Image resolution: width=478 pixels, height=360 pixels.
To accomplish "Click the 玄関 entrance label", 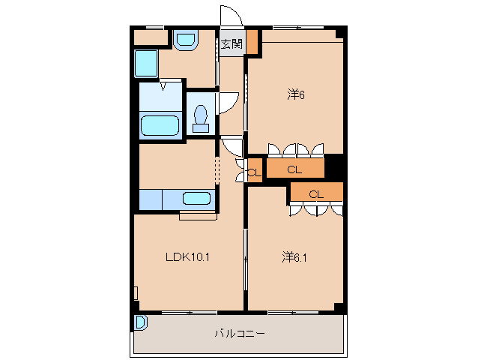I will click(232, 44).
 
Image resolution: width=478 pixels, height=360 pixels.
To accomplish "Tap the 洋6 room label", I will click(296, 94).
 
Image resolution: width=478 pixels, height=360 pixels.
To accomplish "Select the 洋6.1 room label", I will click(294, 257).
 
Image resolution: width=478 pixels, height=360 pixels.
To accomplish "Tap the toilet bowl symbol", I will click(200, 118).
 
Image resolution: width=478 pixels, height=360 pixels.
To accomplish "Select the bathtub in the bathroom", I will click(160, 125).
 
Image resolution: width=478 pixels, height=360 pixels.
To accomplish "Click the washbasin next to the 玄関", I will click(184, 40).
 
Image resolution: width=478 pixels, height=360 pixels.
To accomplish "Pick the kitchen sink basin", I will click(197, 199).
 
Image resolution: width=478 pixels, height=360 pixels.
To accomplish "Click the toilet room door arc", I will click(228, 103).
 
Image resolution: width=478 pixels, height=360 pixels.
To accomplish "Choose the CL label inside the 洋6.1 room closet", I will click(316, 193).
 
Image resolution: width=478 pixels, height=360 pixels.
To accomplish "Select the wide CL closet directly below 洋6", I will click(295, 169).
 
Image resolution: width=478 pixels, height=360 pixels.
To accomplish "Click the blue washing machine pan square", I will click(146, 64).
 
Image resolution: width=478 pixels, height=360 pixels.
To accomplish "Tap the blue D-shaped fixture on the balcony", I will click(140, 322).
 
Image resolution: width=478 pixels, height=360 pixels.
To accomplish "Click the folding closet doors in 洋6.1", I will click(316, 209).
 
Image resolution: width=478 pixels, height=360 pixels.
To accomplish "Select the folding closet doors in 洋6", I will click(297, 148).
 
